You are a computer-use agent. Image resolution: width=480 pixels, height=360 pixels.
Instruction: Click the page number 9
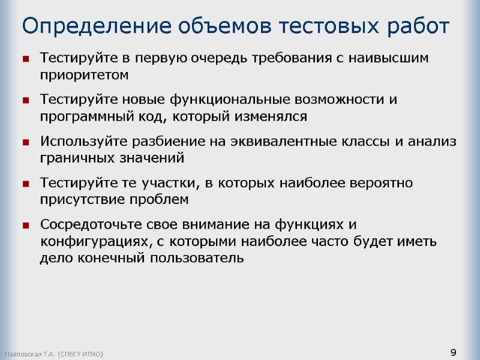click(453, 352)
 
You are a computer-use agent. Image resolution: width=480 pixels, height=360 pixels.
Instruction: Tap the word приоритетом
click(84, 75)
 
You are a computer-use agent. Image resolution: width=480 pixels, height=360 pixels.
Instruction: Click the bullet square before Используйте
click(26, 142)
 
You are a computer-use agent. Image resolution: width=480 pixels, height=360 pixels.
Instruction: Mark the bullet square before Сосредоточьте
click(26, 226)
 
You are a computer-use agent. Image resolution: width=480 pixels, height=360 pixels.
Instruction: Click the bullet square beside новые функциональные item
click(26, 100)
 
